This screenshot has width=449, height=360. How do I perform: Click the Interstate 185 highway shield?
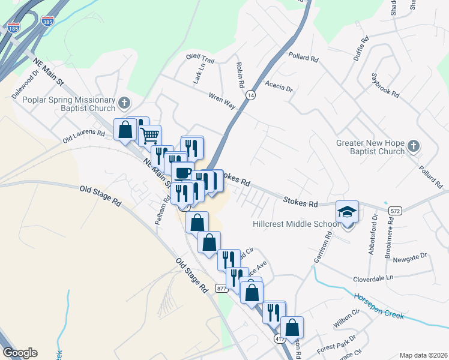[x=13, y=27]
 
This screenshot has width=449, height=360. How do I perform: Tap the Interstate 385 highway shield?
[x=47, y=21]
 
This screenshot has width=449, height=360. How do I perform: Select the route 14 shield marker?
[x=250, y=95]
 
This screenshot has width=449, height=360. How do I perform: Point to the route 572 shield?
[x=394, y=211]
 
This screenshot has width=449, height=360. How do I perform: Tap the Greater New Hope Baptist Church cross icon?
[x=413, y=146]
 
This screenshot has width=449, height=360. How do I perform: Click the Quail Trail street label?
[x=200, y=59]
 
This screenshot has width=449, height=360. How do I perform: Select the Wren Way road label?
[x=221, y=99]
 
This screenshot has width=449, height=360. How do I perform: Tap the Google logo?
[x=20, y=353]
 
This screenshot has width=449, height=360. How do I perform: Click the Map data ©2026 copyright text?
[x=423, y=355]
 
